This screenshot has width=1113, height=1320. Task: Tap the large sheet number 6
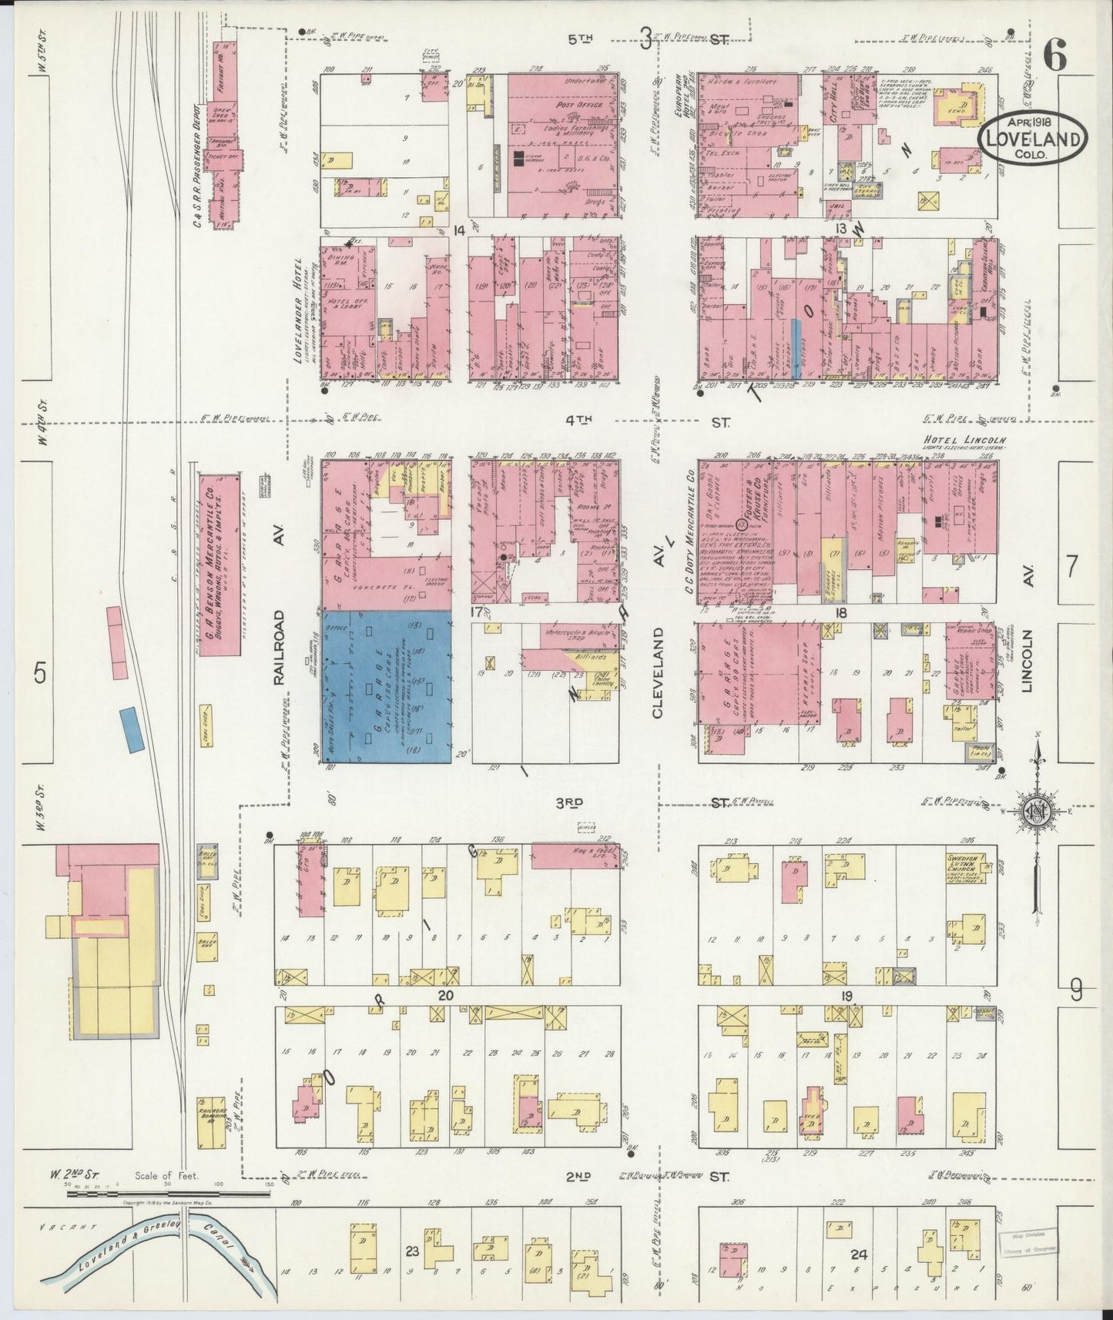pos(1054,55)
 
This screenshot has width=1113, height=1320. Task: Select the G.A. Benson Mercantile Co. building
pos(219,564)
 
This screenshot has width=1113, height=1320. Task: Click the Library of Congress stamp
pos(1028,1242)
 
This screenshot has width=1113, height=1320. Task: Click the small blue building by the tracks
pos(133,728)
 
